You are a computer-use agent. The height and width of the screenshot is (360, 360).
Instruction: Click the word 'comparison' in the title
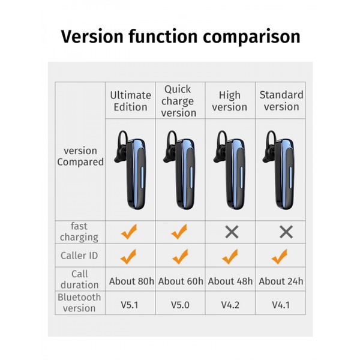click(251, 37)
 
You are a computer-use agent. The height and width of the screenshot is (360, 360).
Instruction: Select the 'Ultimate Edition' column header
click(130, 101)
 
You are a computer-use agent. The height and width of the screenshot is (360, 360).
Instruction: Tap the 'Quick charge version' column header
click(179, 101)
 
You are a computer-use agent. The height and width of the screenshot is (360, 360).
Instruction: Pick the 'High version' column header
click(230, 101)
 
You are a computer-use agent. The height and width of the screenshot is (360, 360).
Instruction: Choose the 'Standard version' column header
click(281, 101)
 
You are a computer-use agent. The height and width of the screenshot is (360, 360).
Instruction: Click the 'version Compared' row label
click(80, 157)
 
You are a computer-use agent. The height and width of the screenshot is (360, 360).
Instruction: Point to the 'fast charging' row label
click(79, 232)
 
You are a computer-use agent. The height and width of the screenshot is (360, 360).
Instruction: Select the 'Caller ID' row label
click(79, 256)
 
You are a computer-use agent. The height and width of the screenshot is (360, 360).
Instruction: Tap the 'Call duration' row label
click(79, 279)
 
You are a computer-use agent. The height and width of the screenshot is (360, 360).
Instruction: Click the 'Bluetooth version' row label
click(79, 302)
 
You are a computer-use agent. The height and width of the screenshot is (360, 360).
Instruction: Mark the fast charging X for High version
click(232, 232)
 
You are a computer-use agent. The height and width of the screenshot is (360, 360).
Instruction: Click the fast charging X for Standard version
click(286, 232)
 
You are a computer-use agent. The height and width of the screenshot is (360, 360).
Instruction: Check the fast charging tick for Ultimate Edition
click(129, 232)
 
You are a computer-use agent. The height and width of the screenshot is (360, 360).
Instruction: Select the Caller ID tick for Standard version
click(279, 257)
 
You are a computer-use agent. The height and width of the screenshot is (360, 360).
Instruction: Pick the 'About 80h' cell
click(131, 281)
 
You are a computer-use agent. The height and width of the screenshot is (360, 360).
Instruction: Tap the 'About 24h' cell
click(281, 281)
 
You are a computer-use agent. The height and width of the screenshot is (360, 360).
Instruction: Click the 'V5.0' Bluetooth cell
click(180, 305)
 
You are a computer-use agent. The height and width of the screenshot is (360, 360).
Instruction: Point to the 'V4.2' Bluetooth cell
click(230, 305)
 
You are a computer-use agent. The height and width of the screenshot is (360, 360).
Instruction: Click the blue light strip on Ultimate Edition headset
click(142, 177)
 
